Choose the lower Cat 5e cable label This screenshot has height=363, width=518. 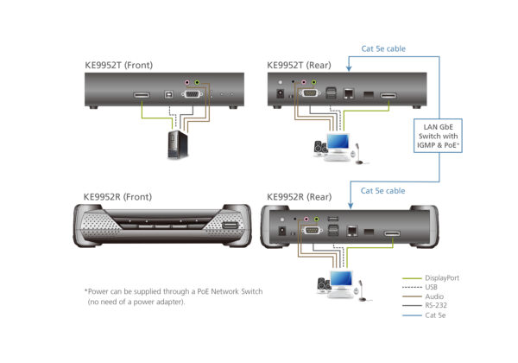coord(383,189)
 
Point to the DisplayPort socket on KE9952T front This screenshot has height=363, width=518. coord(142,94)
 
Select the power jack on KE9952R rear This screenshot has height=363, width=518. coord(281,231)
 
